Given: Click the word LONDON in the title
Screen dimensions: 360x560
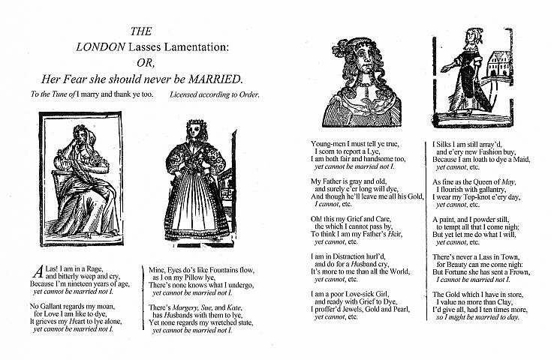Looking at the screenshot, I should click(x=102, y=46).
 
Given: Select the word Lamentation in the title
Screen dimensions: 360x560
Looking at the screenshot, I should click(x=197, y=46).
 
